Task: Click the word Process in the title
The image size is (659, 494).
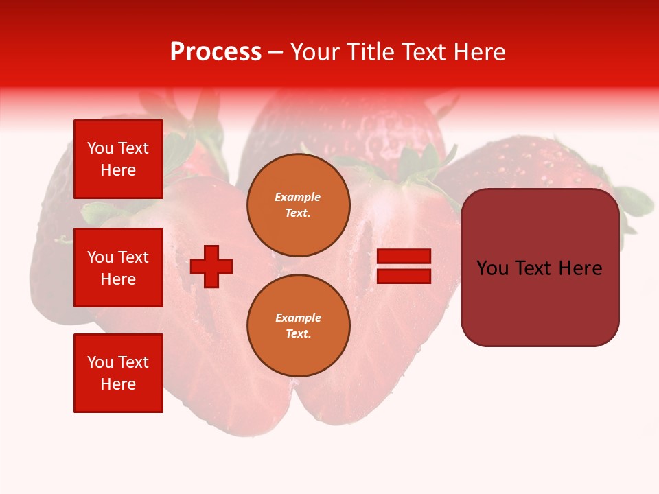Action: tap(216, 52)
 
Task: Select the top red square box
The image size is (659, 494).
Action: tap(118, 159)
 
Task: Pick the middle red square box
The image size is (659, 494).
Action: tap(118, 268)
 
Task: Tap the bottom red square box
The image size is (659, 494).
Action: tap(118, 373)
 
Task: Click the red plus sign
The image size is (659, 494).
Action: tap(211, 266)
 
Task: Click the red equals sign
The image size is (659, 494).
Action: tap(404, 266)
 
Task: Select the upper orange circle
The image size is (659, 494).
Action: tap(299, 205)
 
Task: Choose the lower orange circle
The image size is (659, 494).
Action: tap(299, 326)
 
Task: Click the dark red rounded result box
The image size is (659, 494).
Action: tap(540, 268)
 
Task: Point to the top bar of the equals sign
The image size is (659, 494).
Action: tap(404, 257)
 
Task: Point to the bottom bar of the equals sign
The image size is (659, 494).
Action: tap(404, 276)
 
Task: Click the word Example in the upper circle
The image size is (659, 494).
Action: tap(298, 197)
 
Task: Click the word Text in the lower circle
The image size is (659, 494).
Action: tap(297, 334)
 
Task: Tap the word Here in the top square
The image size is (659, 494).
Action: tap(118, 170)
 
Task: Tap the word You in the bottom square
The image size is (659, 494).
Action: tap(100, 362)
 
